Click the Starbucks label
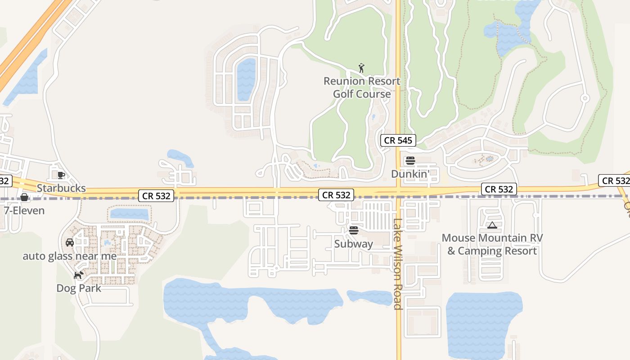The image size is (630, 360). tap(61, 188)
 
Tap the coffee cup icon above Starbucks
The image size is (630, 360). tap(61, 175)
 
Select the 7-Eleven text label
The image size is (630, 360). tap(24, 210)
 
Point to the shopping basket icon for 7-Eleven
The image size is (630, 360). tap(24, 197)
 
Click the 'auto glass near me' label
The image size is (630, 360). tap(70, 256)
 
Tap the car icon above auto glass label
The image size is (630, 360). tap(70, 243)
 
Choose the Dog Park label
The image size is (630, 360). tap(79, 288)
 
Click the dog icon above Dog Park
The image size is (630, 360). tap(79, 274)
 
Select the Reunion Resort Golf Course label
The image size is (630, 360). tap(362, 87)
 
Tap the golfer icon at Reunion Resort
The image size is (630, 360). tap(361, 68)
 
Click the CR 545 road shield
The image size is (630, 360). tap(398, 140)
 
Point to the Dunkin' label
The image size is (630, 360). tap(410, 174)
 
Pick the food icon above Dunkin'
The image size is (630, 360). tap(410, 160)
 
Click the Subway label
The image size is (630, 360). tap(354, 244)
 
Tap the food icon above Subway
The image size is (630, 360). tap(354, 230)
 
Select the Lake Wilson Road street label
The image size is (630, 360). tap(397, 264)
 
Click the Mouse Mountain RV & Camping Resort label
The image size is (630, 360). tap(492, 244)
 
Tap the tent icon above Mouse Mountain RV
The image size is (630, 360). tap(492, 225)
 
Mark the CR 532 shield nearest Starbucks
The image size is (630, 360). tap(156, 196)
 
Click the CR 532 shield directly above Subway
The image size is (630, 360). tap(336, 195)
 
